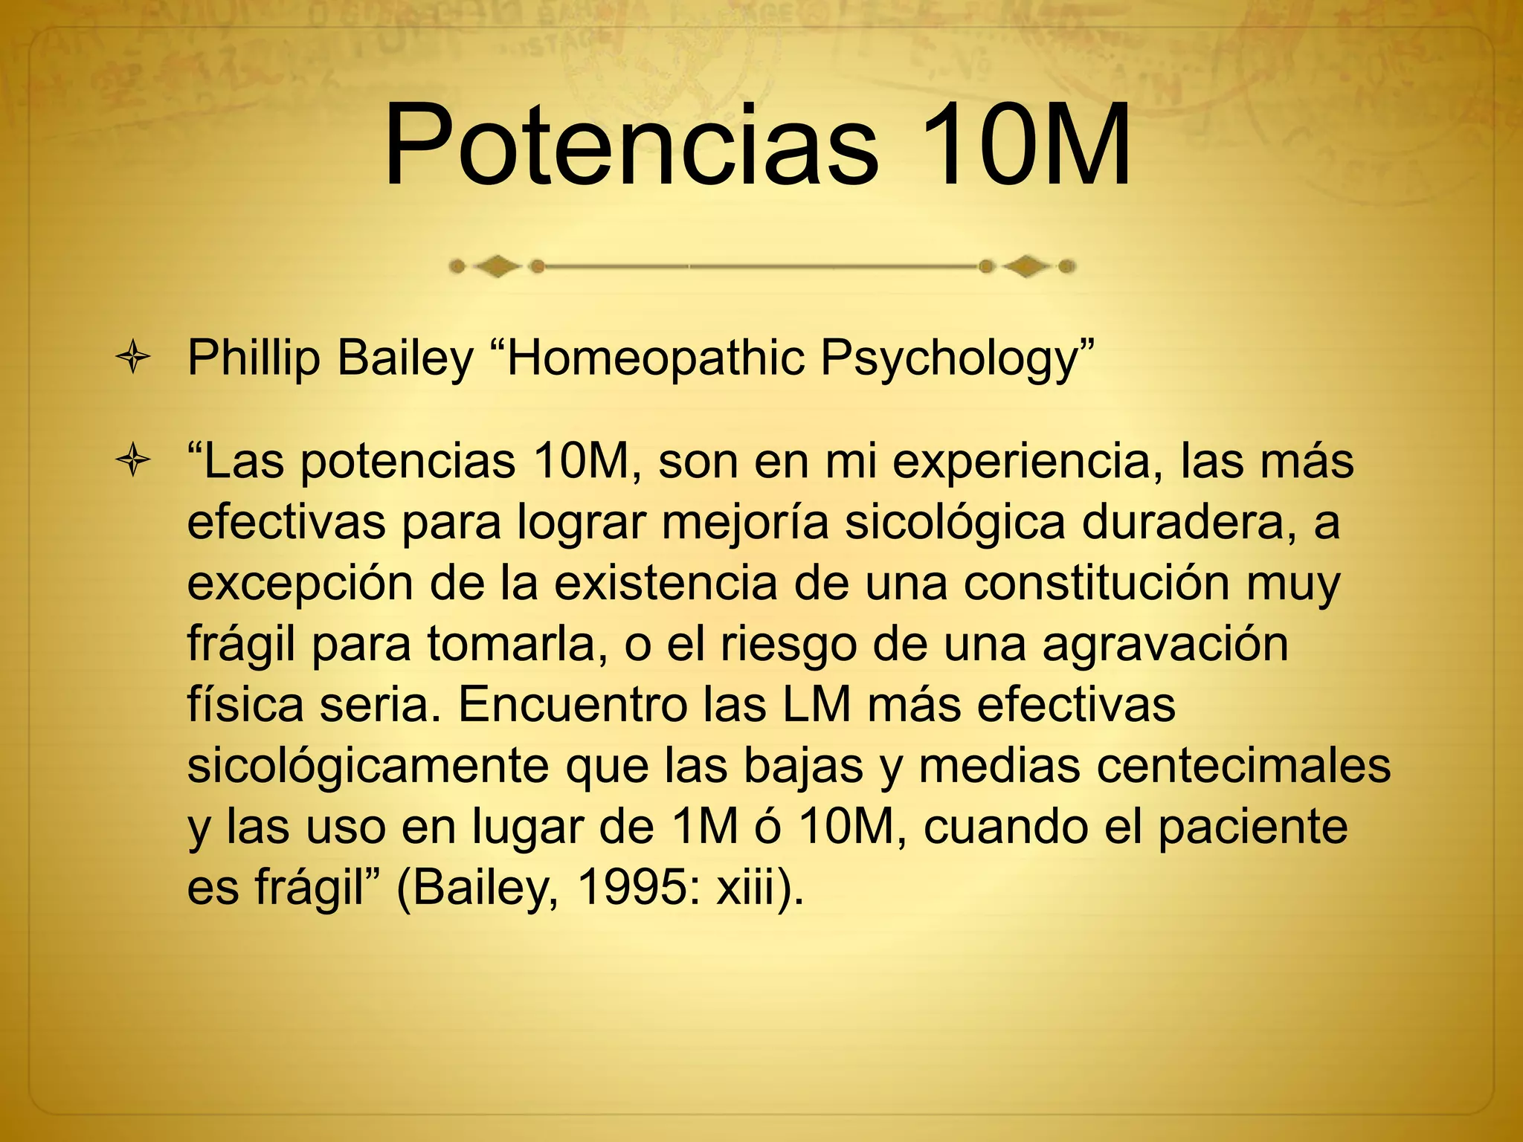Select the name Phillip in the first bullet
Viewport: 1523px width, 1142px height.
(253, 359)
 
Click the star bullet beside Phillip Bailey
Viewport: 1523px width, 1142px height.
(133, 359)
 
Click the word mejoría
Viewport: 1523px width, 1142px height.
(744, 523)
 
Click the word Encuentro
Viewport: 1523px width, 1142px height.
(572, 705)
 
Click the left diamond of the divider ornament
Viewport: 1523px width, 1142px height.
(497, 266)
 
